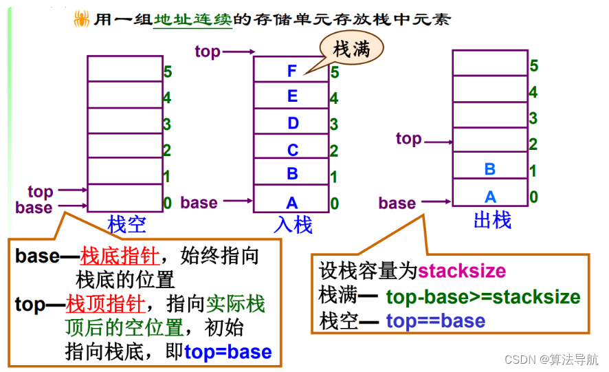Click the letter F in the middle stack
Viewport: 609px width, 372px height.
(292, 70)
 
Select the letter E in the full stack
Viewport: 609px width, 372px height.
(292, 96)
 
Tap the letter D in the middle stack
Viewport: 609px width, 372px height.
(293, 123)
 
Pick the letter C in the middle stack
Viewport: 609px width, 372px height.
(293, 150)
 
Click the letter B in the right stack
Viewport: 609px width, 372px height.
(490, 169)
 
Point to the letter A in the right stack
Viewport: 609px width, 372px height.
(490, 197)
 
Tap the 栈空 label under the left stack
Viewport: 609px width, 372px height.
(127, 223)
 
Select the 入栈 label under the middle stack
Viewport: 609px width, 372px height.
(293, 225)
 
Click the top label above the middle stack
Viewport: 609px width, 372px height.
(208, 51)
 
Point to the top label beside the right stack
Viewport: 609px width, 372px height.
(408, 139)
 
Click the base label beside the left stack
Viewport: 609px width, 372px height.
(34, 208)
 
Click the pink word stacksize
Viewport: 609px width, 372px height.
(461, 270)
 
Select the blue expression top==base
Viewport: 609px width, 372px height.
(435, 320)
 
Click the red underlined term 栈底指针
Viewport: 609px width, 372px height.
(120, 257)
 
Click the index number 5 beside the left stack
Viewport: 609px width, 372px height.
(167, 70)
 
